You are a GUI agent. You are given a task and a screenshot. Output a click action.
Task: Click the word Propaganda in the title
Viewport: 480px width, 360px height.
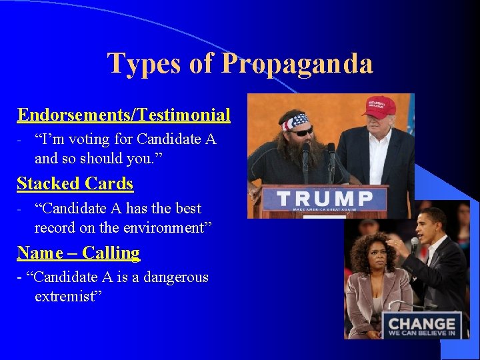(x=297, y=64)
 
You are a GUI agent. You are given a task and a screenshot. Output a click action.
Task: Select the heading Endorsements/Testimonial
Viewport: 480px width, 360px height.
(x=124, y=115)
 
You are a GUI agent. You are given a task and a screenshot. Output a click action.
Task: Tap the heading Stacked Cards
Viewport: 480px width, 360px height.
(x=75, y=183)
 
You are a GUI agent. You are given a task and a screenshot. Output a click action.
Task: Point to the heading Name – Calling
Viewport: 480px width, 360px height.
(x=79, y=253)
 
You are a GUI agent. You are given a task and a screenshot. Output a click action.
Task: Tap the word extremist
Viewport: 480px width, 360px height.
(x=67, y=295)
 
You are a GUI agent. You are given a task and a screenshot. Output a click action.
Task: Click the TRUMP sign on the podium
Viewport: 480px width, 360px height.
(x=325, y=199)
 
